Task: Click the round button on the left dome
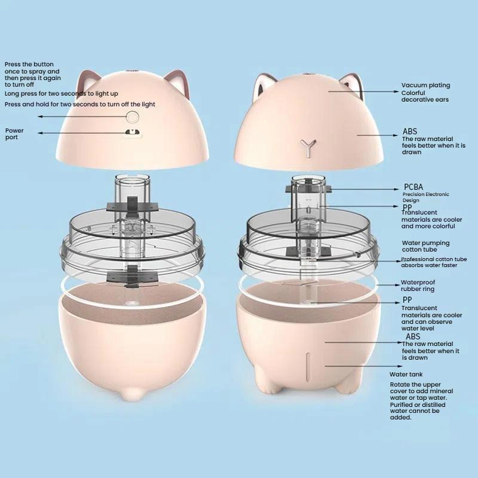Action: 133,117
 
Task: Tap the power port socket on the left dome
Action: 133,132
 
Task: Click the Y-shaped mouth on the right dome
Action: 308,148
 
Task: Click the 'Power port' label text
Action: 14,134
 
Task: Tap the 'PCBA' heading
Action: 413,187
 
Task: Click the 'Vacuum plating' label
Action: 425,85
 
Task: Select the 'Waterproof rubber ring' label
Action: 418,286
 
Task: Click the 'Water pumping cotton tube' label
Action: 425,246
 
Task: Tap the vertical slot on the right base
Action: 308,367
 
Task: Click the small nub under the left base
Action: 132,394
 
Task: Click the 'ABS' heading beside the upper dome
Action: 410,131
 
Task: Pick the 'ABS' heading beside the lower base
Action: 413,336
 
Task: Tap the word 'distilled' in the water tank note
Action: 432,405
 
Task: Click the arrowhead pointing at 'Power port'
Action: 40,133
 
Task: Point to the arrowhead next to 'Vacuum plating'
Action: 396,91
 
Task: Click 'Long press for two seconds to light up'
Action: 62,94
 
